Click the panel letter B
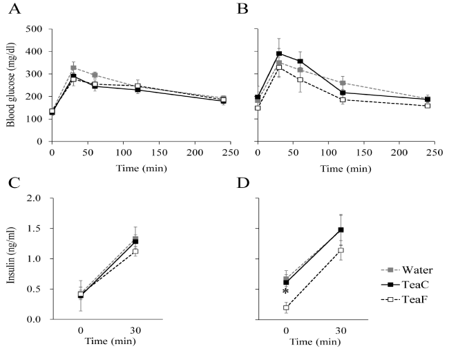point(242,10)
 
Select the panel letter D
point(242,184)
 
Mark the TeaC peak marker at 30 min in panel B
point(279,53)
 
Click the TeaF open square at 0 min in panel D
point(285,308)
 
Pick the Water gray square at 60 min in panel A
point(95,75)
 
